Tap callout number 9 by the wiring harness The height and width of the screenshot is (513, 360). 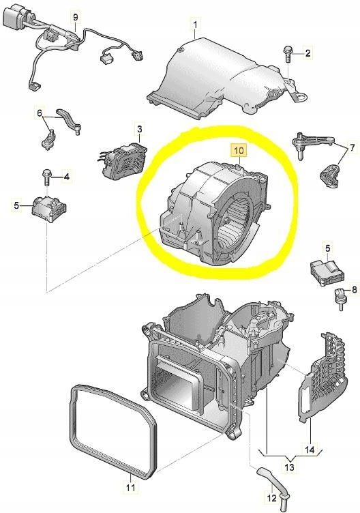tap(75, 16)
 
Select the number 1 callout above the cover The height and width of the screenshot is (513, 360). tap(194, 27)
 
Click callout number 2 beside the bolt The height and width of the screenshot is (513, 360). tap(307, 53)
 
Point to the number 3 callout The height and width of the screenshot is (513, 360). tap(139, 128)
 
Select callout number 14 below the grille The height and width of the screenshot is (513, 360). tap(309, 450)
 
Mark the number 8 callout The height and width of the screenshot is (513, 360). tap(354, 291)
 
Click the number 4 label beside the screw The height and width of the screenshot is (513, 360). tap(66, 177)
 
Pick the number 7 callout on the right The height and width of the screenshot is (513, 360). tap(352, 147)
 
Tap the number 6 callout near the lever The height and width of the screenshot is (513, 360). tap(40, 113)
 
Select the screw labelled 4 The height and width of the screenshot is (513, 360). tap(47, 176)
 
